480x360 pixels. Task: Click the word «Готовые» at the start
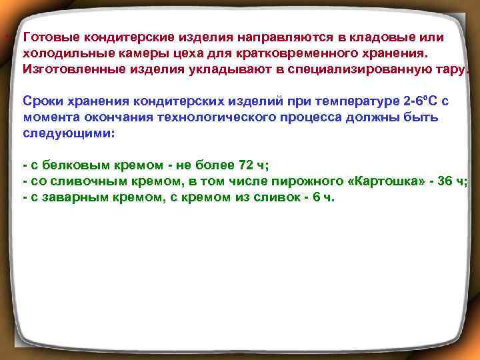pyautogui.click(x=47, y=37)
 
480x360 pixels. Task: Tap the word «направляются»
pyautogui.click(x=257, y=37)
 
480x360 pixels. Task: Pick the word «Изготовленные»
pyautogui.click(x=69, y=69)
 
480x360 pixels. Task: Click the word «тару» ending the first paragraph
pyautogui.click(x=453, y=69)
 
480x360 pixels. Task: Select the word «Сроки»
pyautogui.click(x=42, y=101)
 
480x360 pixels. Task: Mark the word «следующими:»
pyautogui.click(x=69, y=133)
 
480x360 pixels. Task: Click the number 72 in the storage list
pyautogui.click(x=237, y=165)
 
